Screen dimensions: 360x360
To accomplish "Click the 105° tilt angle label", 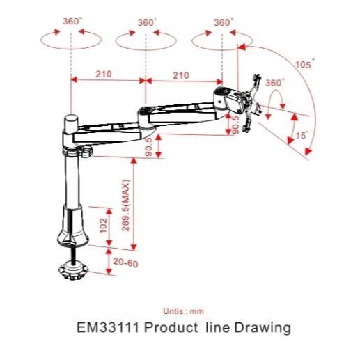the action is click(305, 63).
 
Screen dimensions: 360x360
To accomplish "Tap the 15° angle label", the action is click(302, 135).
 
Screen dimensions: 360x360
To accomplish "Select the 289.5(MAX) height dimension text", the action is click(125, 205).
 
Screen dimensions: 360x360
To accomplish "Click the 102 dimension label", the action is click(103, 225).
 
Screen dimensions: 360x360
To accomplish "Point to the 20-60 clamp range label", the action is click(125, 263).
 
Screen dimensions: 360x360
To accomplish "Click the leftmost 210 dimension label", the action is click(104, 75).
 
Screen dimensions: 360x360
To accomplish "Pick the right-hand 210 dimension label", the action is click(181, 75).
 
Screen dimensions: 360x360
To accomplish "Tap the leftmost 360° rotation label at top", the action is click(72, 22).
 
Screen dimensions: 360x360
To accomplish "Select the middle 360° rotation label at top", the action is click(148, 22).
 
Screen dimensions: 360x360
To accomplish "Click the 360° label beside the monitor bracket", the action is click(275, 83).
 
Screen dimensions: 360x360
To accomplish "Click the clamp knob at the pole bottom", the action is click(73, 270).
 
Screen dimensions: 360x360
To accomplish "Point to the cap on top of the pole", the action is click(72, 123).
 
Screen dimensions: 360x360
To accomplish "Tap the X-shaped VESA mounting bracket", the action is click(251, 103).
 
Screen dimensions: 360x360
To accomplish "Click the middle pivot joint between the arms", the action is click(145, 116).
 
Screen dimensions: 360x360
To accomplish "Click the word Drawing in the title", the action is click(263, 328).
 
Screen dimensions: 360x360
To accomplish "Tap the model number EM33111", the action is click(108, 327).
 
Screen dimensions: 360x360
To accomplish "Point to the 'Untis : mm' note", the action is click(183, 311).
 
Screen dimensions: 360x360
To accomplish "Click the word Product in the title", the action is click(171, 327).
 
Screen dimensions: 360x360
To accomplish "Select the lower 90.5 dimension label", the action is click(148, 147).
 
